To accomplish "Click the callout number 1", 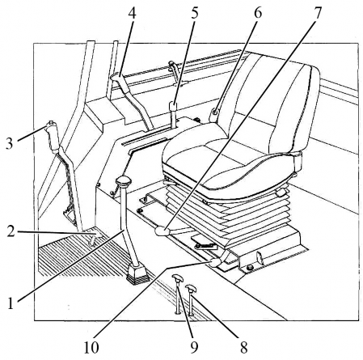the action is point(11,303).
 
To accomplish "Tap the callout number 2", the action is point(11,231).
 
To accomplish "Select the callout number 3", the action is point(10,143).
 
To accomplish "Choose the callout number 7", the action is point(318,13).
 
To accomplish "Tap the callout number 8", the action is point(243,347).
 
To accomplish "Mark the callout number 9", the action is point(195,347).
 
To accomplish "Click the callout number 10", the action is point(91,347).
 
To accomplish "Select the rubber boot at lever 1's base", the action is point(137,273).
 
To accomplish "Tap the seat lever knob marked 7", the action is point(162,231).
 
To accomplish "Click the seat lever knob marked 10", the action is point(216,263).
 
